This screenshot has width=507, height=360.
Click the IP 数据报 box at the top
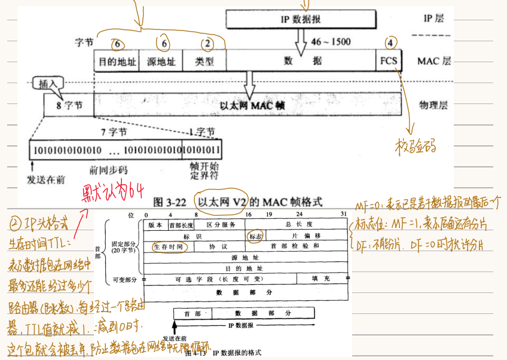(x=301, y=19)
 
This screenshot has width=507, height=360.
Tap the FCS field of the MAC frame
(x=388, y=61)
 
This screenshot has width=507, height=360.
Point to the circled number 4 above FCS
(x=390, y=42)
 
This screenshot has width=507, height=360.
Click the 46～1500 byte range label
(x=331, y=42)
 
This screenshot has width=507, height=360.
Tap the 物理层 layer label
(x=435, y=105)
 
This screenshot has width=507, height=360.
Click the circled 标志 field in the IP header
(x=256, y=236)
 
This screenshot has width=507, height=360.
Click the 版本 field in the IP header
(x=155, y=225)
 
